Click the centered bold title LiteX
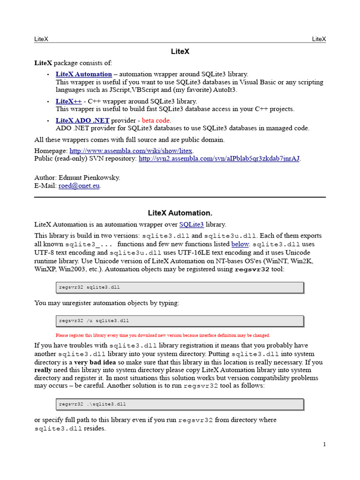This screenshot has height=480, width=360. coord(180,52)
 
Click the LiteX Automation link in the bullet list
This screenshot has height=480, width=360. coord(83,74)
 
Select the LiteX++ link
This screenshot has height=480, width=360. coord(68,101)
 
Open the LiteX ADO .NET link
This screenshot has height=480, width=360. coord(82,120)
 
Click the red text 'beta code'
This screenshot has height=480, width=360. coord(156,120)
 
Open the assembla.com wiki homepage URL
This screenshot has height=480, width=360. coord(131,151)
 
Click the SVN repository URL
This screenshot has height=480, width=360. coord(219,158)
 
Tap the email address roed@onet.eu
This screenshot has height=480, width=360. coord(79,186)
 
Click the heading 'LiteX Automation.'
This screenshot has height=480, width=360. coord(180,213)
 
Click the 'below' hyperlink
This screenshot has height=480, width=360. coord(240,244)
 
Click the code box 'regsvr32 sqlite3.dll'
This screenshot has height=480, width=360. coord(180,287)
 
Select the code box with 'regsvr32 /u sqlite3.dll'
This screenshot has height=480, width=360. coord(180,321)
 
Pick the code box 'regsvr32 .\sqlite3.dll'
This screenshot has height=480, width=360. coord(180,404)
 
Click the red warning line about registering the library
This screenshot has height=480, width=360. coord(163,335)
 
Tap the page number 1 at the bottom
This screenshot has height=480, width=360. coord(324,444)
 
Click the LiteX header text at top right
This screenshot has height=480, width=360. coord(319,39)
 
